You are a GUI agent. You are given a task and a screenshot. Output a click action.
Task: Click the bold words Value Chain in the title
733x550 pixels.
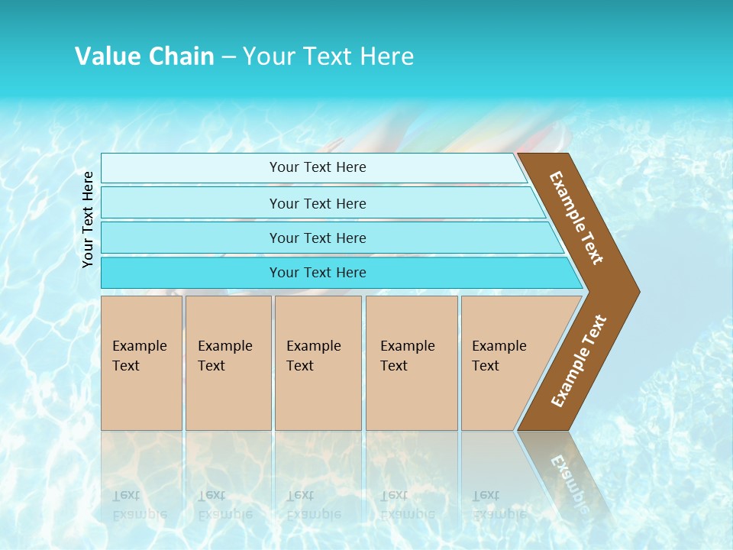tap(144, 57)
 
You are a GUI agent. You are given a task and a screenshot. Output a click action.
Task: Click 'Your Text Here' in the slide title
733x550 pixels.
tap(328, 57)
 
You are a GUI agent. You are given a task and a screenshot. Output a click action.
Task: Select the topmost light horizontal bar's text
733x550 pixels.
tap(318, 167)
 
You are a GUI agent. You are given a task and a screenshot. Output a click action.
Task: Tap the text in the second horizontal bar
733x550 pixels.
tap(318, 204)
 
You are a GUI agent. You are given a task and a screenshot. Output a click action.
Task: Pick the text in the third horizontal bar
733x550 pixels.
tap(318, 238)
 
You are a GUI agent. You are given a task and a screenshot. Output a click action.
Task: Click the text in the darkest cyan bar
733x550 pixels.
tap(318, 273)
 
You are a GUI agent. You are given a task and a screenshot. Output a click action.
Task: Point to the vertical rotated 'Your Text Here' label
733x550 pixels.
tap(89, 220)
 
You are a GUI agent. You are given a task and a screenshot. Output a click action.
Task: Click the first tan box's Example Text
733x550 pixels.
tap(139, 356)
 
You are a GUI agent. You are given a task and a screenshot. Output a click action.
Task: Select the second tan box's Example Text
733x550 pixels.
tap(224, 356)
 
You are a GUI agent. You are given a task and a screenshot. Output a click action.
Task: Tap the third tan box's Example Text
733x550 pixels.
tap(313, 356)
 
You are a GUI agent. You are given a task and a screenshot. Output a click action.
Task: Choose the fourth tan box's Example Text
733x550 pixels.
tap(407, 356)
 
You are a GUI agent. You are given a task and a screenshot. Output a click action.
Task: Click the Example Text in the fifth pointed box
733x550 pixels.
tap(499, 356)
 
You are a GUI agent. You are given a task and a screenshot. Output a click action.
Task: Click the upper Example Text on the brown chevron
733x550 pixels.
tap(576, 218)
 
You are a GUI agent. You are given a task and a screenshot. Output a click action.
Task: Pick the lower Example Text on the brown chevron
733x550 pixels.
tap(579, 361)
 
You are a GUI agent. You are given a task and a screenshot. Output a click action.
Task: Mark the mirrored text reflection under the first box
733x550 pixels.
tap(139, 504)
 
